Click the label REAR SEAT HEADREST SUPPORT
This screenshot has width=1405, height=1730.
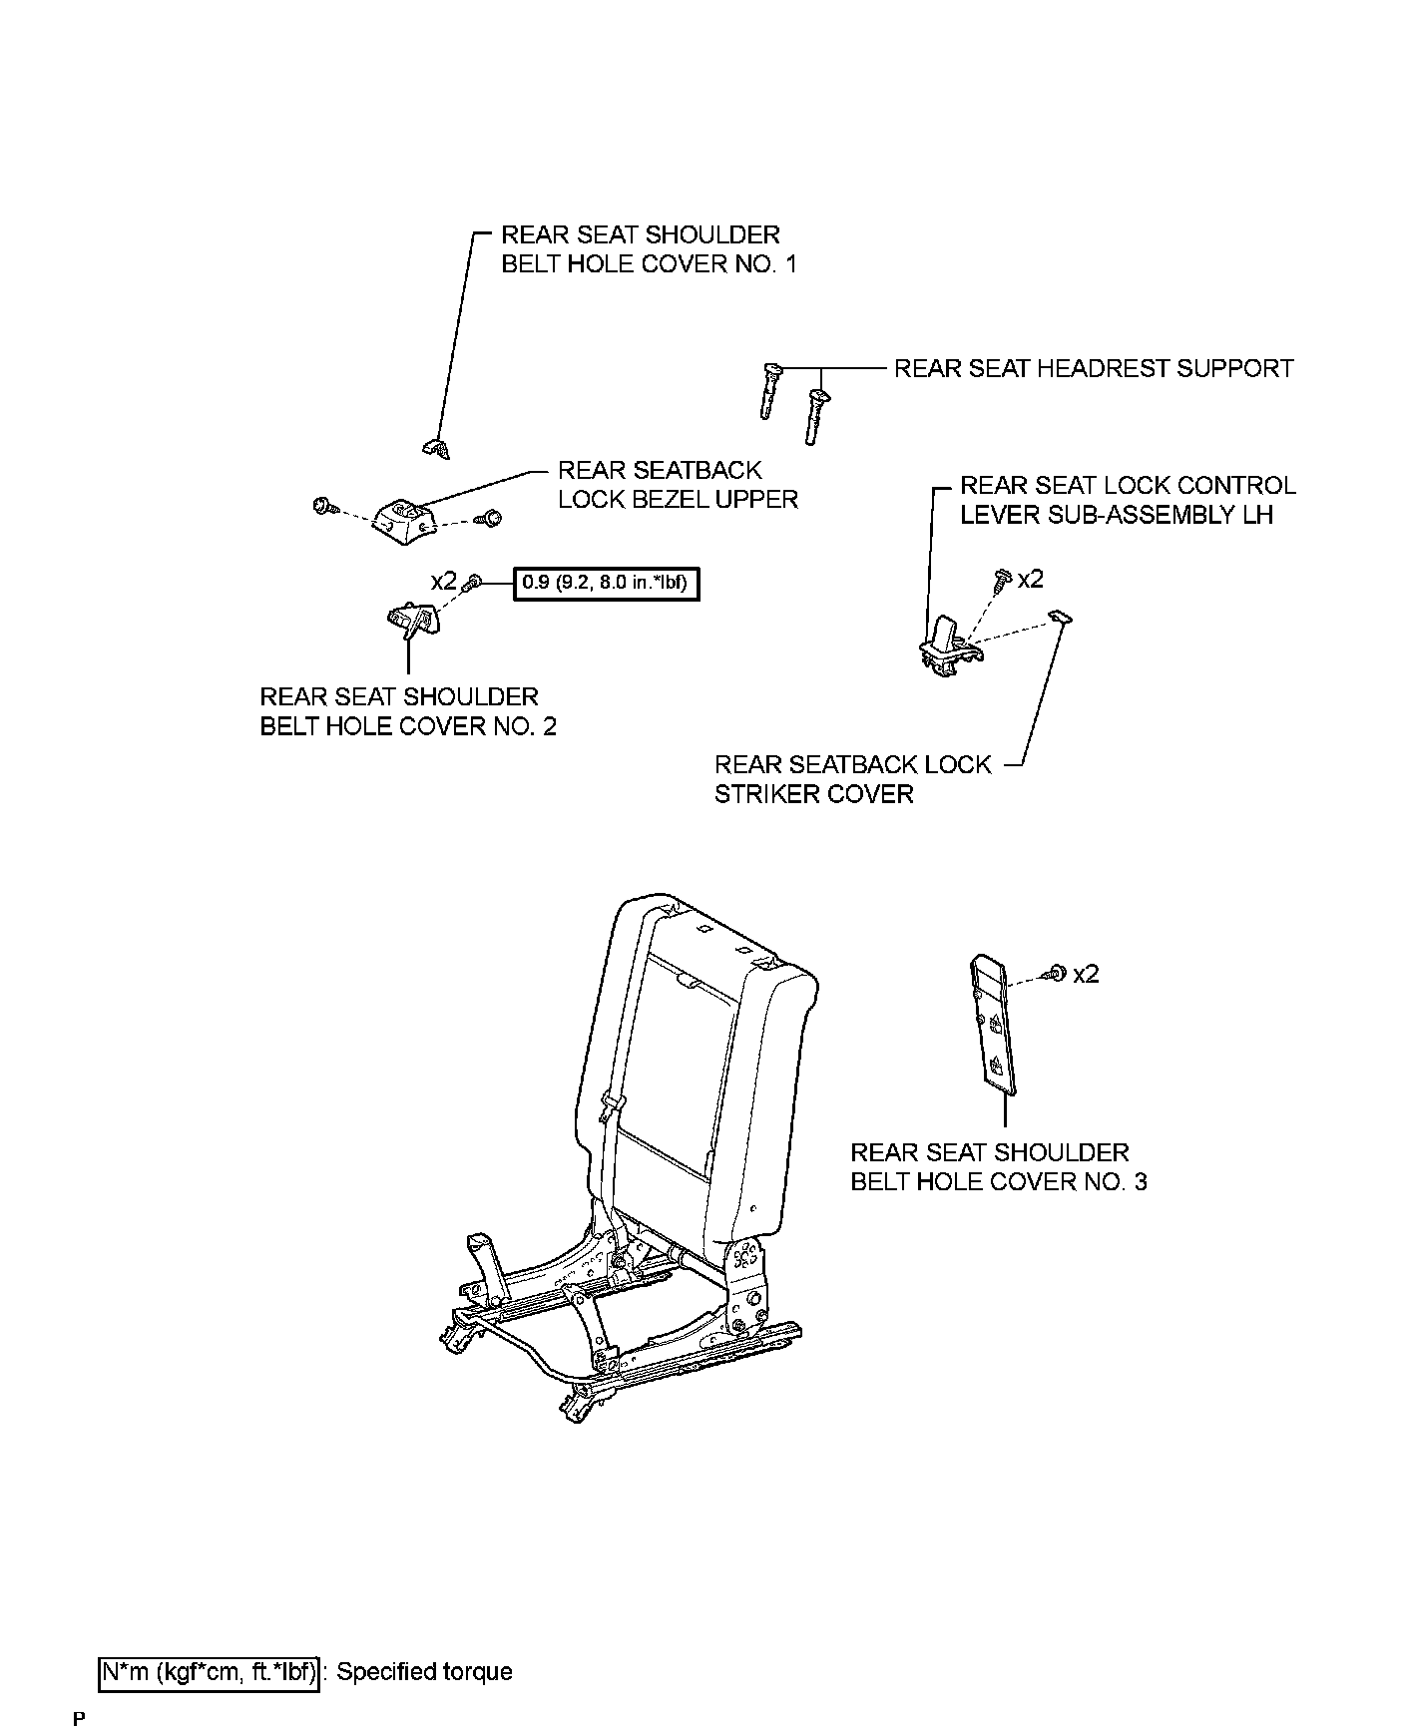pos(1093,369)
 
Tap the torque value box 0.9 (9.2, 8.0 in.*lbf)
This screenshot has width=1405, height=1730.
pos(606,583)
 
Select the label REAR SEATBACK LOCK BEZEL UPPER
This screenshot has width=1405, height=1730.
pos(678,485)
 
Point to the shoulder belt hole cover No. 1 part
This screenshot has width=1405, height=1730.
pos(435,447)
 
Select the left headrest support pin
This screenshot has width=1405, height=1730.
pos(769,390)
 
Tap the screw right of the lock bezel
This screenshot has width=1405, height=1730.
pos(490,518)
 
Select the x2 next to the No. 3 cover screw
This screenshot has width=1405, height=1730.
pos(1086,974)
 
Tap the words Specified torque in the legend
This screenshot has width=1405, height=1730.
pos(424,1672)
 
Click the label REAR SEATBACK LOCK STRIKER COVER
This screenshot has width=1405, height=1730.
pos(853,779)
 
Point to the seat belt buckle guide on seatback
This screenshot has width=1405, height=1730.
pos(614,1104)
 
